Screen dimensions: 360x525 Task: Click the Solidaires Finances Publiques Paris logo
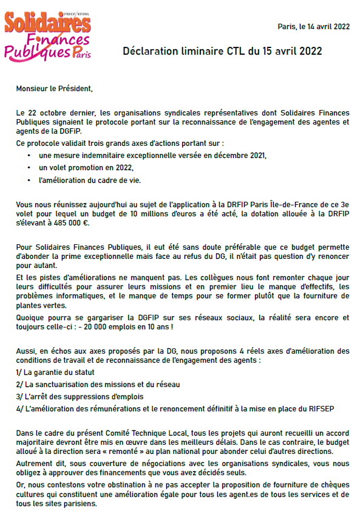tap(47, 36)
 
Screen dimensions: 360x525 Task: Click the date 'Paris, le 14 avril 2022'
tap(313, 26)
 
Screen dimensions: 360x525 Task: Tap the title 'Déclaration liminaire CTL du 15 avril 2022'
tap(222, 51)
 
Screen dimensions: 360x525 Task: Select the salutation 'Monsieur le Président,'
tap(55, 89)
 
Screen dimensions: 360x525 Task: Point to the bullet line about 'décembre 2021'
tap(152, 156)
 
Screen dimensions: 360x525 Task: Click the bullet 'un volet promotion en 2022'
tap(86, 168)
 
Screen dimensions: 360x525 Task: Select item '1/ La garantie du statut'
tap(55, 372)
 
